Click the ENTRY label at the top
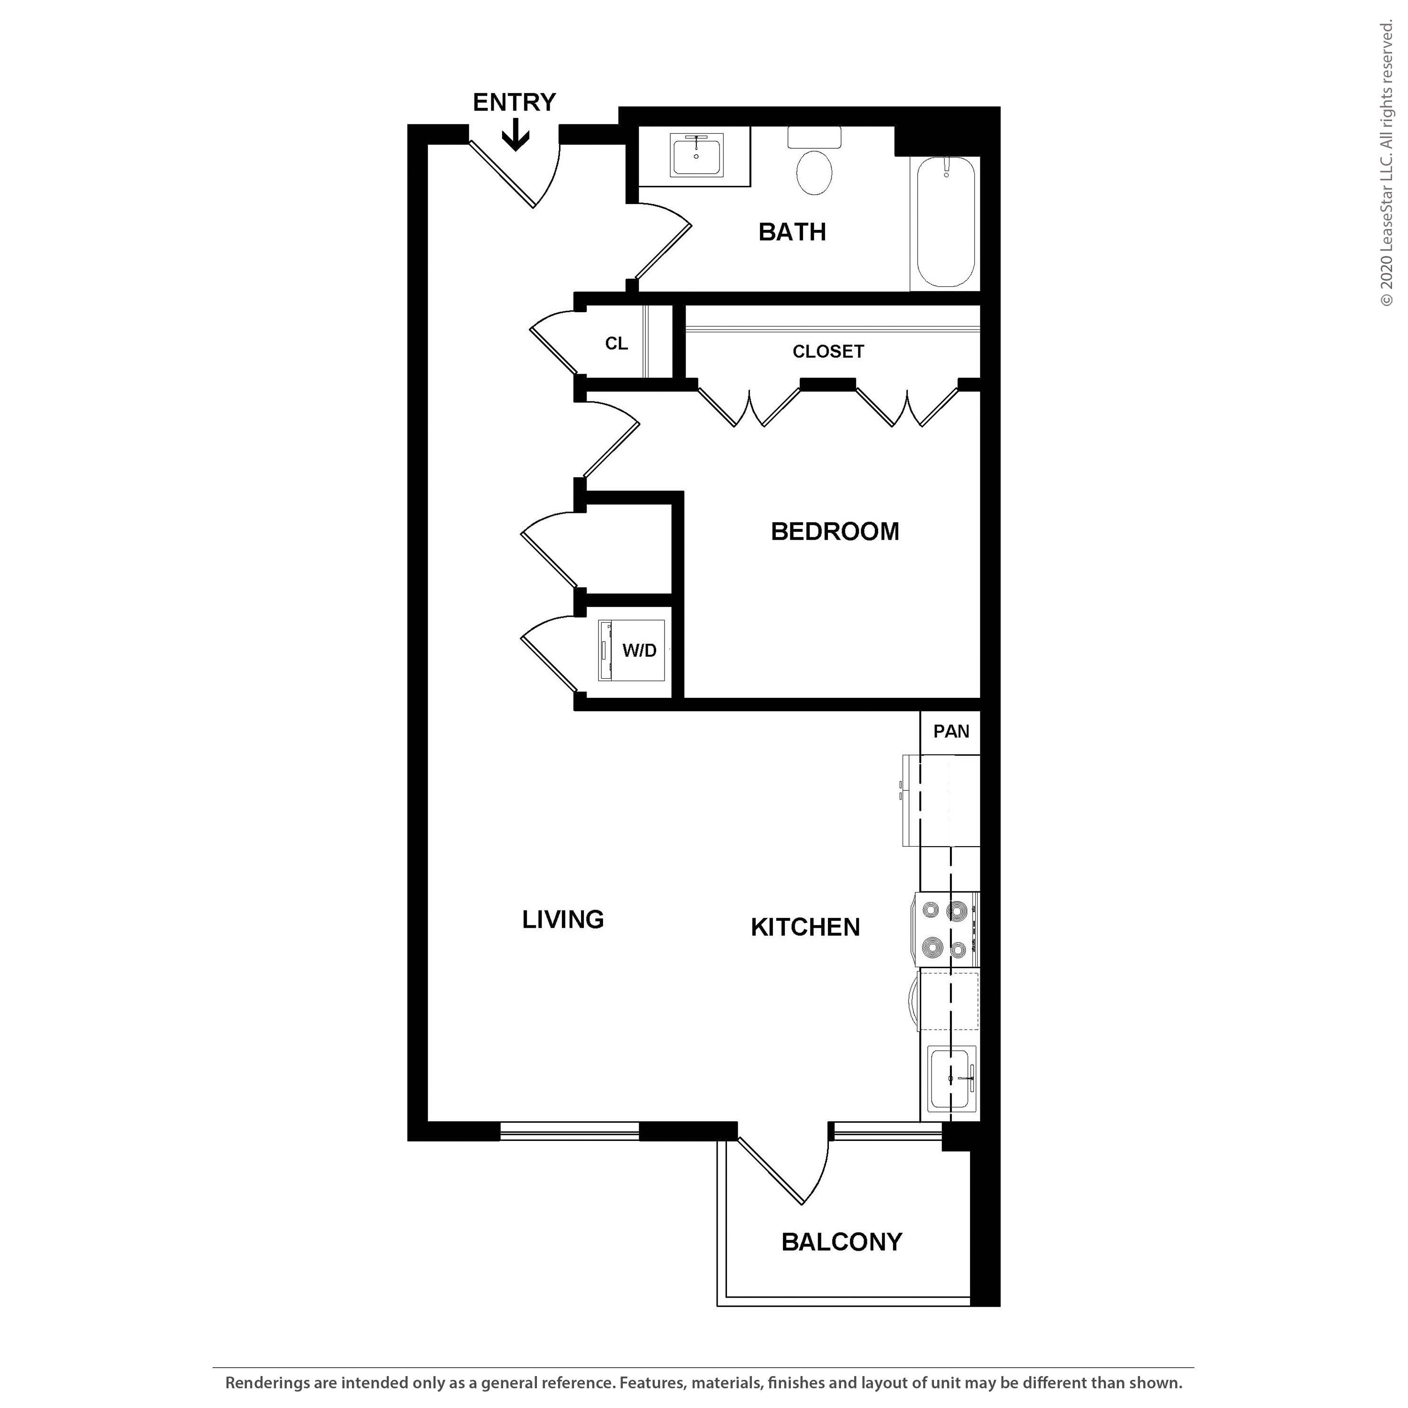[x=514, y=102]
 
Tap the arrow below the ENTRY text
[x=515, y=135]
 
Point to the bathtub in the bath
[x=945, y=222]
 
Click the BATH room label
[x=792, y=232]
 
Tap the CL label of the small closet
[x=617, y=343]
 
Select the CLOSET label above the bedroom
[x=828, y=351]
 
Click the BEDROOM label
[x=834, y=531]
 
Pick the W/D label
[x=639, y=650]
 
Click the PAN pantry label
[x=951, y=731]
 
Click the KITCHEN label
[x=805, y=927]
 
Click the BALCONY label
[x=842, y=1241]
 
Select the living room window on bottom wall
[x=569, y=1130]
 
